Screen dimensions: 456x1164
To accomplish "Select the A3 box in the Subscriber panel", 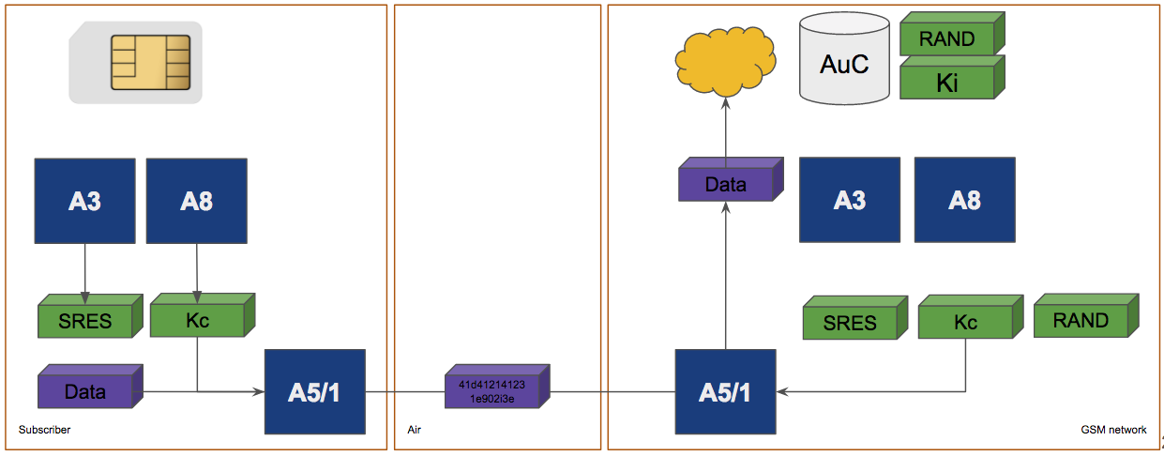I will [x=84, y=201].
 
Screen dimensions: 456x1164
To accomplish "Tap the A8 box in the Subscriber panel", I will [x=197, y=201].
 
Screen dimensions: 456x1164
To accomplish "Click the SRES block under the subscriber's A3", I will [x=85, y=321].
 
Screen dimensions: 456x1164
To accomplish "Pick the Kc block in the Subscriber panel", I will [x=198, y=320].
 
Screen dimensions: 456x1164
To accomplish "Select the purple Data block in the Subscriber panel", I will [x=85, y=391].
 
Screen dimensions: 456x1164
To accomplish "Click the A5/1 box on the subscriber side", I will [x=314, y=392].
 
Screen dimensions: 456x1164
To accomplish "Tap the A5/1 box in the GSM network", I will [x=725, y=392].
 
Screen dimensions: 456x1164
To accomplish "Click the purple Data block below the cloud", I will [x=726, y=185].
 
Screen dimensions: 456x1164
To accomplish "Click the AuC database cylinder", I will [x=844, y=64].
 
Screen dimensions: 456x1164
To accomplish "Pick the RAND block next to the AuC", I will [x=947, y=39].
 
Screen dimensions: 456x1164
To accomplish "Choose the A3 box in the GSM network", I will [x=849, y=200].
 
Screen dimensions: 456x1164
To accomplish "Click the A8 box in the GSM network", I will [x=964, y=200].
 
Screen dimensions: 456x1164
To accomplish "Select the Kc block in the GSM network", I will [x=965, y=322].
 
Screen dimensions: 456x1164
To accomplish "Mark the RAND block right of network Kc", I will [x=1081, y=320].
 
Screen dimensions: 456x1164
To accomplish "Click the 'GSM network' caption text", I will [x=1113, y=430].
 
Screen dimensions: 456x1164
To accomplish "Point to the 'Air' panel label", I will [x=415, y=430].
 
